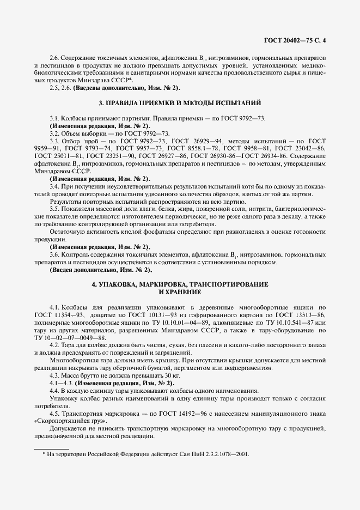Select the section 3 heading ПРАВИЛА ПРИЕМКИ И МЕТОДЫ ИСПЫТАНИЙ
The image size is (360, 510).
tap(180, 102)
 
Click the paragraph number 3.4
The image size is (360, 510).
tap(54, 187)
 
